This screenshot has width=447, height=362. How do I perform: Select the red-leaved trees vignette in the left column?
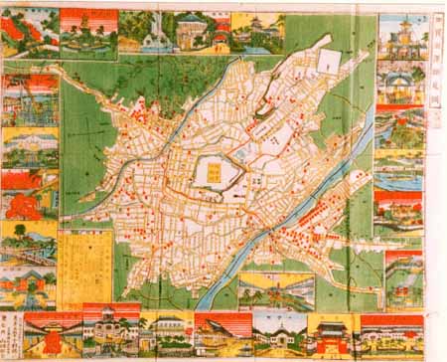pyautogui.click(x=28, y=194)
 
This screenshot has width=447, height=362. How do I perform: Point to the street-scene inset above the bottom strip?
pyautogui.click(x=275, y=291)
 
